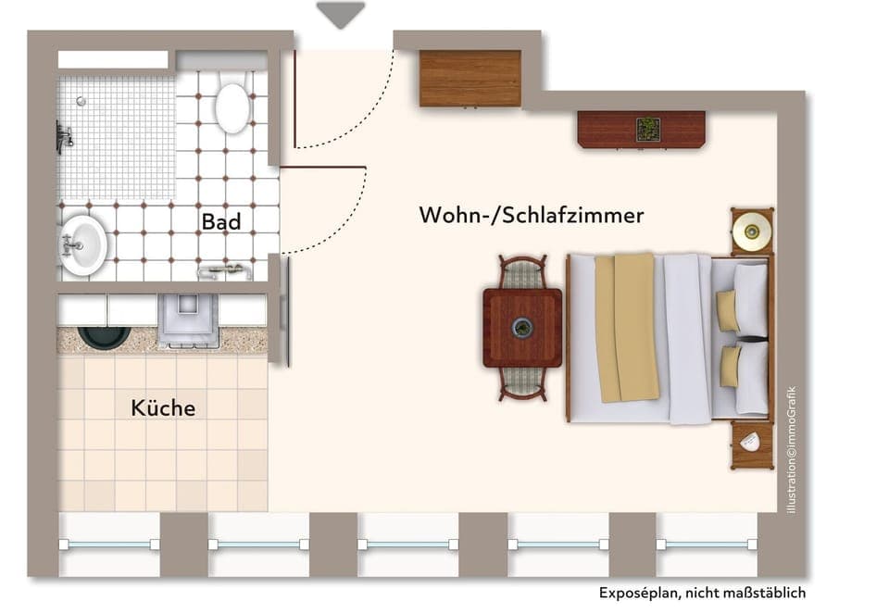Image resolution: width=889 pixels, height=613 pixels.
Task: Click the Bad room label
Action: point(221,222)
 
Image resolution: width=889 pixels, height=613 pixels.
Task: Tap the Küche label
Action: point(163,407)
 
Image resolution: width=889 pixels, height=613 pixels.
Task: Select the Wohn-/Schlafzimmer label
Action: point(531,216)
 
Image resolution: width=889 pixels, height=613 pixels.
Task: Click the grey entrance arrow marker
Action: point(341,14)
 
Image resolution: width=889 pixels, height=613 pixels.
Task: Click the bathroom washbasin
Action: point(83,244)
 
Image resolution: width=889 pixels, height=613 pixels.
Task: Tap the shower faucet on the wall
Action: point(64,136)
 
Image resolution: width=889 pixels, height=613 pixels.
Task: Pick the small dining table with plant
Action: point(522,328)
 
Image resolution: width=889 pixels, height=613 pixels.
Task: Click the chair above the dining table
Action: point(522,272)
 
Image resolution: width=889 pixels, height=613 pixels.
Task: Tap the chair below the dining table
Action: point(522,382)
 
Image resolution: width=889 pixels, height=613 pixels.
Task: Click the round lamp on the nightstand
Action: point(751,231)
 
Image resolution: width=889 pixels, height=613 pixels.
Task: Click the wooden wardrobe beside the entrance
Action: point(470,78)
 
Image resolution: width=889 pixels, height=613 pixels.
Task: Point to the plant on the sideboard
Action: point(648,129)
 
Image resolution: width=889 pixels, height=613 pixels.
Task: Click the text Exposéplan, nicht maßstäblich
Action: point(702,594)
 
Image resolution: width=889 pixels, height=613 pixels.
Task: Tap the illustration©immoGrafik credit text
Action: point(791,450)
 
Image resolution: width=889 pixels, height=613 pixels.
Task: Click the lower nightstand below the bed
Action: point(750,444)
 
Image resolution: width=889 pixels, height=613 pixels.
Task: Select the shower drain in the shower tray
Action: point(81,101)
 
